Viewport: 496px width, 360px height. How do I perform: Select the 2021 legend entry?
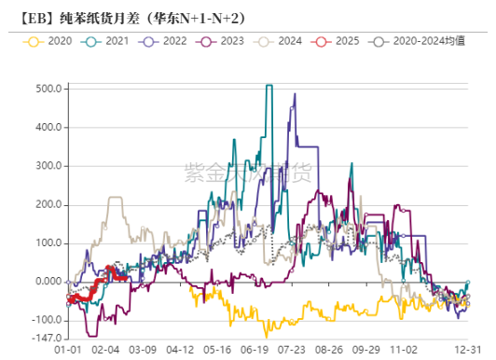click(x=108, y=42)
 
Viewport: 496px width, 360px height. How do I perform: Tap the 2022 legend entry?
click(x=165, y=42)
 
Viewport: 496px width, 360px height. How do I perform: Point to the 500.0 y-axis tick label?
click(x=48, y=89)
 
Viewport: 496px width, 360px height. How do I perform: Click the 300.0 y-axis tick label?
click(x=48, y=166)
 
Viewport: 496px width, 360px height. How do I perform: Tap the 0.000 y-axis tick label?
click(x=48, y=282)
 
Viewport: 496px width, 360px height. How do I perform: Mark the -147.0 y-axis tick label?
click(x=46, y=337)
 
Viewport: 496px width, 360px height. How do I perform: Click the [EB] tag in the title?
click(x=29, y=16)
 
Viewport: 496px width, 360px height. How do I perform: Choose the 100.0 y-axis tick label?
click(x=48, y=243)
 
